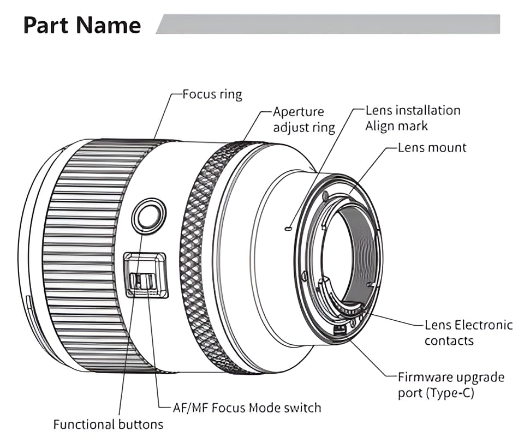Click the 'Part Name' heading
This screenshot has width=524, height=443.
(82, 26)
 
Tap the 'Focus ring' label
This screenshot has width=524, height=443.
(212, 94)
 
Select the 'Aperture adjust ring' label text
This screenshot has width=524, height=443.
(303, 119)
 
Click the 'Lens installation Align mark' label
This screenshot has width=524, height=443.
(413, 118)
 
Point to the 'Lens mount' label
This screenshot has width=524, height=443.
(432, 147)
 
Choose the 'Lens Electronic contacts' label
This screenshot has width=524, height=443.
(468, 333)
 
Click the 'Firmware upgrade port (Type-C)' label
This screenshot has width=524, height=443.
(451, 385)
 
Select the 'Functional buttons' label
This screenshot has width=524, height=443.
(108, 424)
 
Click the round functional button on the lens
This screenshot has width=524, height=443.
(149, 215)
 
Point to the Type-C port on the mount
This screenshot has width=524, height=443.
(340, 329)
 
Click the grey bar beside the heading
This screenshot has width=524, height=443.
(327, 24)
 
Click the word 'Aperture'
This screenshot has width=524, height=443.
(299, 112)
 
